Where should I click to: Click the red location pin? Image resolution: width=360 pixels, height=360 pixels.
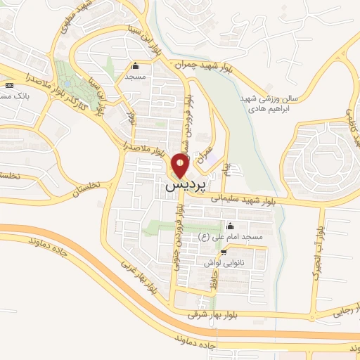click(181, 166)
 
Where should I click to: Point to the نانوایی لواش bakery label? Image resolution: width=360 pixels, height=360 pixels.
click(224, 262)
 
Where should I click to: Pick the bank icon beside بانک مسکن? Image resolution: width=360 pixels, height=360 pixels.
click(8, 85)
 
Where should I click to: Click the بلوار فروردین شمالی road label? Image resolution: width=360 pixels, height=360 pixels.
click(187, 127)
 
